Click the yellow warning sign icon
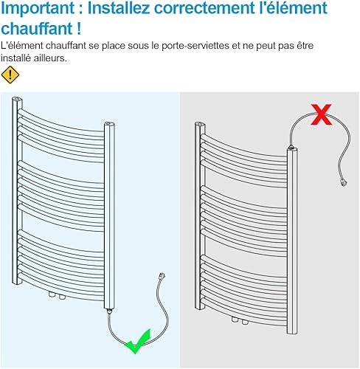click(10, 75)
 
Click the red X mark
click(321, 114)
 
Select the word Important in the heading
click(38, 8)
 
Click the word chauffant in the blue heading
click(37, 29)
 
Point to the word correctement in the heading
click(204, 8)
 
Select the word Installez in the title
click(119, 8)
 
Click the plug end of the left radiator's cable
click(162, 275)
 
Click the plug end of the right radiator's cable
click(343, 183)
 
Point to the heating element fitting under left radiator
click(109, 311)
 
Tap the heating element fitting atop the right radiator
click(291, 148)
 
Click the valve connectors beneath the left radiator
click(58, 295)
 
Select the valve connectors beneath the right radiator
click(240, 321)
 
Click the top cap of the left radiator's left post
click(17, 100)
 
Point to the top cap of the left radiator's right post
click(109, 124)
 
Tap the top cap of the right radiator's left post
click(201, 124)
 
